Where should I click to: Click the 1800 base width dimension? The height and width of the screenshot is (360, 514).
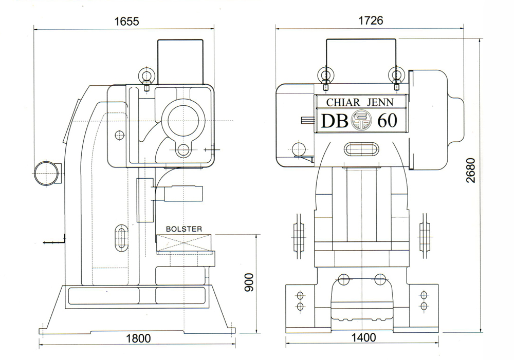(x=138, y=338)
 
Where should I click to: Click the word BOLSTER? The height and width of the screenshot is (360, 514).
(x=184, y=229)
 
